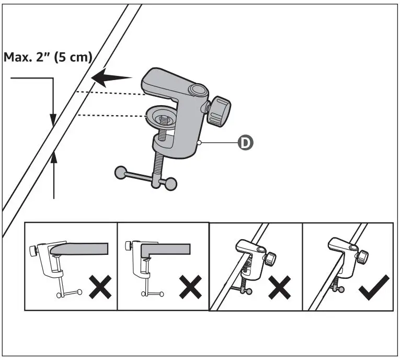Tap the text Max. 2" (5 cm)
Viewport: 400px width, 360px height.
48,57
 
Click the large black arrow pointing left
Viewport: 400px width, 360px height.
112,79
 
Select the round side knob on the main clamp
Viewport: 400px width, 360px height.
219,111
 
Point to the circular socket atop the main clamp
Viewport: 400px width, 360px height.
198,91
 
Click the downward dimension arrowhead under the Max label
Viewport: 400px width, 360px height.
53,120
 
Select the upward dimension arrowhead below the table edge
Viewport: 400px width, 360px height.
53,155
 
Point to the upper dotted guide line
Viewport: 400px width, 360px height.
110,94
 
